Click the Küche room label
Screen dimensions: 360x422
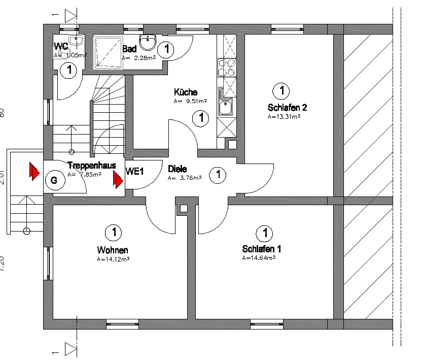[x=185, y=92]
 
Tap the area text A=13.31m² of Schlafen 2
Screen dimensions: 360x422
[x=284, y=116]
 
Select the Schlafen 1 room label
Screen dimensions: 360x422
[x=261, y=249]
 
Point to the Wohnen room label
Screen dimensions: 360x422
[x=113, y=250]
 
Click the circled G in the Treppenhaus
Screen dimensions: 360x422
[x=54, y=180]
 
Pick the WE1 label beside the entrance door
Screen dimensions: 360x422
[x=135, y=172]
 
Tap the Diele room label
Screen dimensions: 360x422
[x=177, y=169]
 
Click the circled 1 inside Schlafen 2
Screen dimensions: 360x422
[x=280, y=91]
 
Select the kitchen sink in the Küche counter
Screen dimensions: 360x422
[x=226, y=107]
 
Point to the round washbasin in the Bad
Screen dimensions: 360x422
[x=148, y=43]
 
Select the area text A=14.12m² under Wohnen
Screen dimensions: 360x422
[x=113, y=258]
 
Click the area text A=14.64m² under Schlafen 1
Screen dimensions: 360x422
[x=259, y=257]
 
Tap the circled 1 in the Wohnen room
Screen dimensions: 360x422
[x=113, y=233]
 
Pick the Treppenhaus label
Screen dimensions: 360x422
[x=92, y=166]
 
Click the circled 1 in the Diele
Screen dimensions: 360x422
[x=218, y=175]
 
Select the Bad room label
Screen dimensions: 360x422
[x=129, y=49]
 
